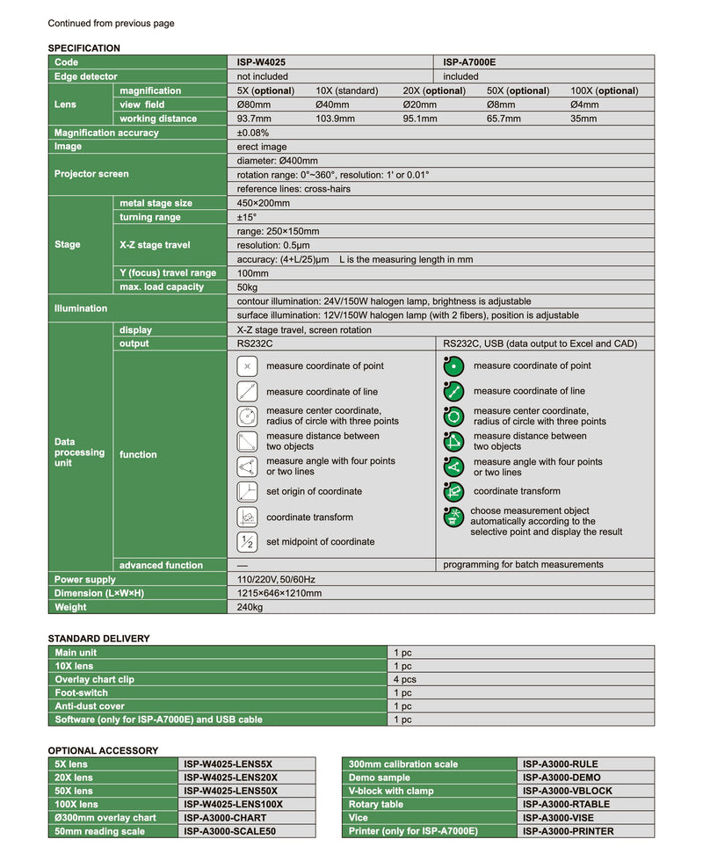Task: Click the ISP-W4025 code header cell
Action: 261,62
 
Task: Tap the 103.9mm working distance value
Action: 335,119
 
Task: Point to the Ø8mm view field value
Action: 502,105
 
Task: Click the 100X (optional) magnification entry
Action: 604,90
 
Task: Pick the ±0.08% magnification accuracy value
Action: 253,133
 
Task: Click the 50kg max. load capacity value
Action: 247,287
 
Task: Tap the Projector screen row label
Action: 91,174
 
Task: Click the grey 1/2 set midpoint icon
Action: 247,542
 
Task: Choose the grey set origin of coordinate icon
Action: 247,492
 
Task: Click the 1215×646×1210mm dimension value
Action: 279,593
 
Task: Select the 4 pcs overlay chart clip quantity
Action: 404,679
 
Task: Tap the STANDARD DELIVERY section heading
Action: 98,639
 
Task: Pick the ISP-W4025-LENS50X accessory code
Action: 230,791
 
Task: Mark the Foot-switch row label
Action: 83,692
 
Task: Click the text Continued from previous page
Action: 111,24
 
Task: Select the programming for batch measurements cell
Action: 523,565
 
